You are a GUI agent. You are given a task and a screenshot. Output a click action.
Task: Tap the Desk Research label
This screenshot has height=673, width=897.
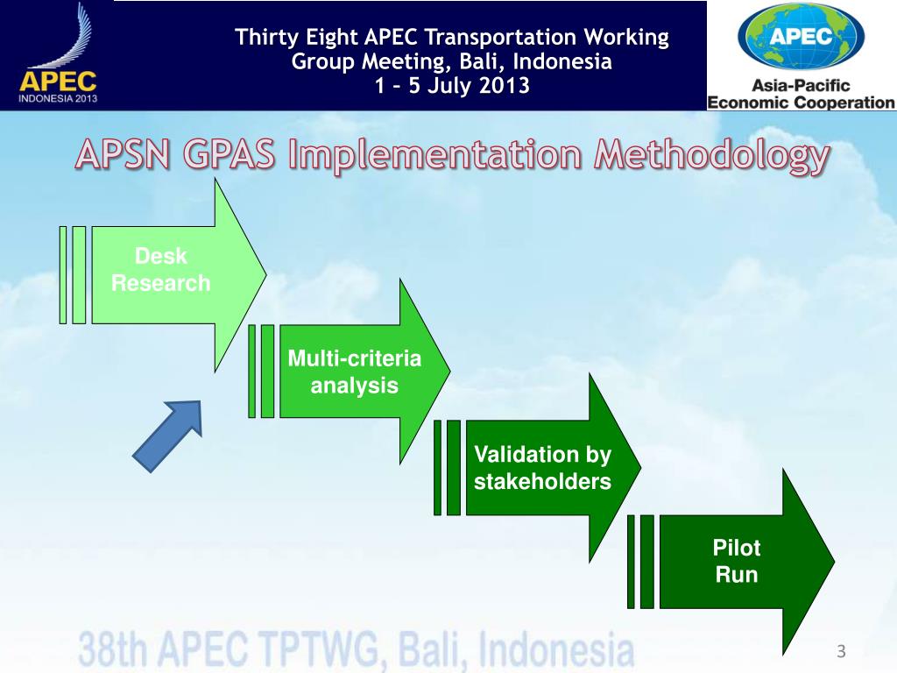click(x=161, y=270)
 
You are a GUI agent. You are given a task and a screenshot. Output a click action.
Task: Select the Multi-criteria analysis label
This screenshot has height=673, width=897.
click(x=354, y=372)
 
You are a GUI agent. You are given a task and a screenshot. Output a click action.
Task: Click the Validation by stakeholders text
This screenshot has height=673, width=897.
click(x=542, y=468)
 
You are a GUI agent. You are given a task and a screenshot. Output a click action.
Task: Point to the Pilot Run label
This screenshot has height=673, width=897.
click(x=736, y=562)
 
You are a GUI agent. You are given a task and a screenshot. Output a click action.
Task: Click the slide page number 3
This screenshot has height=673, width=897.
click(x=841, y=651)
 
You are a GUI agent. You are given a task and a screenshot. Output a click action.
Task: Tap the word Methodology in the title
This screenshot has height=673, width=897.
click(x=711, y=155)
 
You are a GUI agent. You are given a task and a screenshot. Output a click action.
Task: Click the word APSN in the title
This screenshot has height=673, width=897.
click(x=124, y=155)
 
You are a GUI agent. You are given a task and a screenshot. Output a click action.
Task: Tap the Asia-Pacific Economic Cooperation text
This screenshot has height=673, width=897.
click(x=801, y=94)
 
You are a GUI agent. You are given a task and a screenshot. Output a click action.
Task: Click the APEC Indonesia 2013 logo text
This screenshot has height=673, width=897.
click(x=58, y=88)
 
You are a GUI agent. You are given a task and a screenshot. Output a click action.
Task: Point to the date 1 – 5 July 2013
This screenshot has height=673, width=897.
click(x=451, y=86)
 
